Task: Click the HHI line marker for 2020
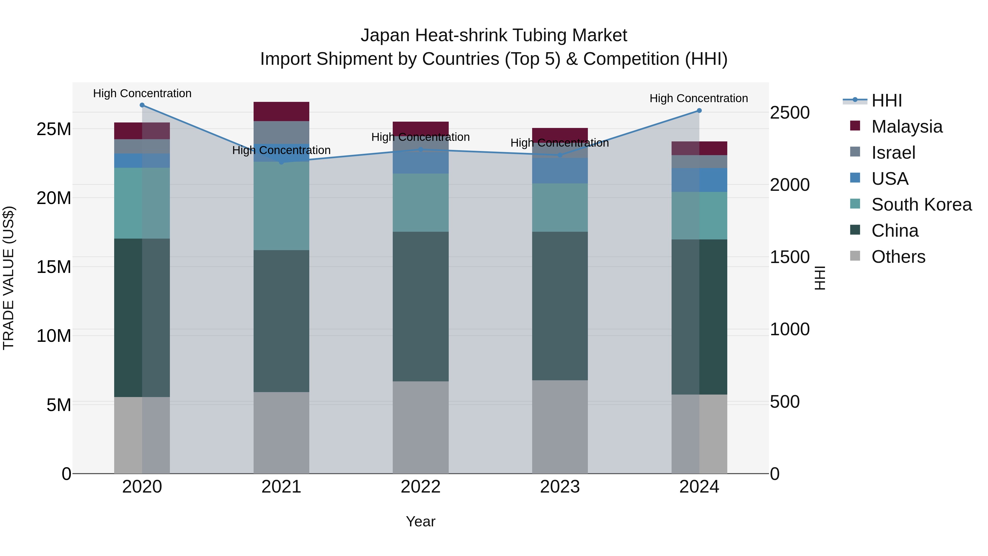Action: (x=142, y=105)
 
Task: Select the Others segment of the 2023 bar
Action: (x=560, y=427)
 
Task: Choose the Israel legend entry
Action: (x=893, y=153)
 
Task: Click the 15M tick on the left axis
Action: (x=54, y=267)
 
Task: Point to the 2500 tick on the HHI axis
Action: (x=789, y=113)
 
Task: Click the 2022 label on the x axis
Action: (x=420, y=487)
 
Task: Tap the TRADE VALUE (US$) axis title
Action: (x=9, y=278)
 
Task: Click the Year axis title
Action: (x=420, y=521)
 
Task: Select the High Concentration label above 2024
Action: (x=698, y=98)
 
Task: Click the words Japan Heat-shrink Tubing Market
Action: (x=494, y=35)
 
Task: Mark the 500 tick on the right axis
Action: (x=785, y=402)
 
